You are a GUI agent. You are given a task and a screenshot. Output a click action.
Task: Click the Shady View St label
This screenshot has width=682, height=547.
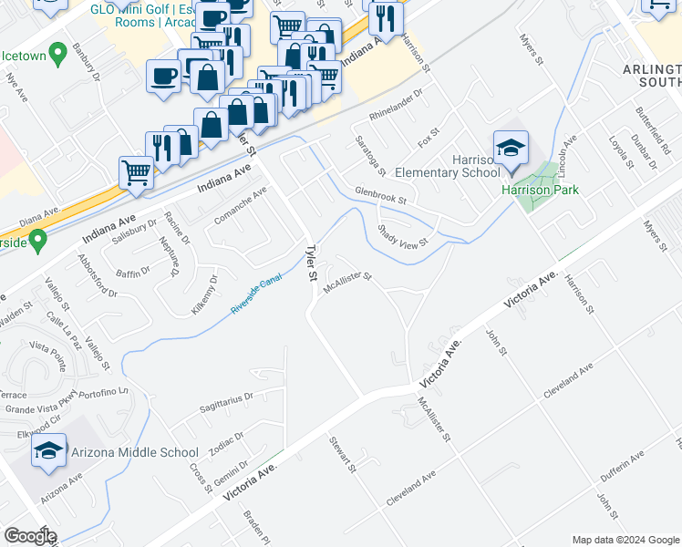click(x=403, y=237)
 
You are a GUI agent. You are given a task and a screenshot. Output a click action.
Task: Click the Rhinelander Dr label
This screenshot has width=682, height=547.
click(x=397, y=107)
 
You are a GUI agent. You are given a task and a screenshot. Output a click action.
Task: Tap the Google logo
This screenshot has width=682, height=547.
click(x=29, y=536)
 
